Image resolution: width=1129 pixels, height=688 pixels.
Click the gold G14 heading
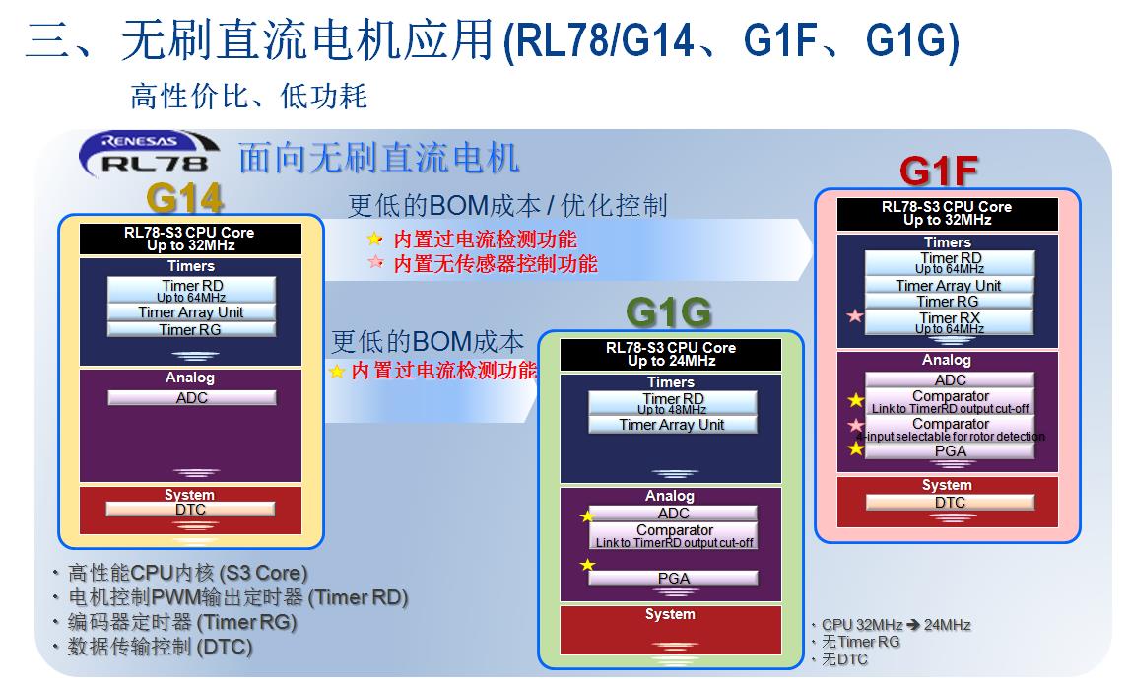click(x=184, y=199)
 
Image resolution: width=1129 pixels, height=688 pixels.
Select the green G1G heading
click(x=668, y=313)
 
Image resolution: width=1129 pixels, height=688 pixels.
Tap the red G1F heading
click(x=938, y=172)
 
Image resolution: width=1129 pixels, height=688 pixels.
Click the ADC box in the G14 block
click(x=191, y=398)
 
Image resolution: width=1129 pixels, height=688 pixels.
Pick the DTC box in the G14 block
click(x=190, y=510)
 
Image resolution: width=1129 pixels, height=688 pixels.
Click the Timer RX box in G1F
click(x=950, y=321)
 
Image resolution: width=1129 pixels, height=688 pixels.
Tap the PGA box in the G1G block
click(x=673, y=579)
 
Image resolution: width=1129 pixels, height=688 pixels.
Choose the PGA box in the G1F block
click(x=950, y=451)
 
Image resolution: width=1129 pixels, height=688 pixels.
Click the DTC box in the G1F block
click(x=950, y=503)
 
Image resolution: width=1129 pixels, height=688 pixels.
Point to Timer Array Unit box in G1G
click(x=672, y=425)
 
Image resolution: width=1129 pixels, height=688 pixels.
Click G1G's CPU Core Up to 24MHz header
click(x=671, y=354)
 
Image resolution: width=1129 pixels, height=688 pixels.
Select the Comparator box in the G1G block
click(x=674, y=535)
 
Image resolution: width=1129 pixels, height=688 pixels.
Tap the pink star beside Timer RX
click(x=855, y=316)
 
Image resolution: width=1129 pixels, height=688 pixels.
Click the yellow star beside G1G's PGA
click(x=588, y=565)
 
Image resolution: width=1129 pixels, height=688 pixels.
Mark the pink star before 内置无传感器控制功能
click(x=374, y=263)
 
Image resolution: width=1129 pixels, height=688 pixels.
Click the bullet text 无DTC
click(x=844, y=658)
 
